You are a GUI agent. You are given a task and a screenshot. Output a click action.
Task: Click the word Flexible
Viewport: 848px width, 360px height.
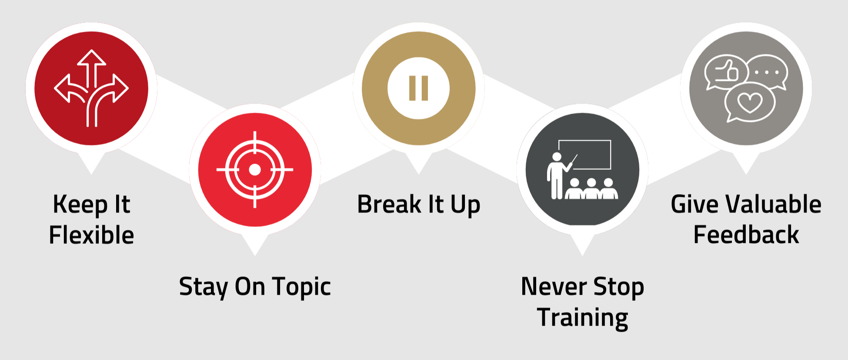[x=91, y=236]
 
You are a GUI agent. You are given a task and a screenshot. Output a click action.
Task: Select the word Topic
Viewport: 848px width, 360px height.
[x=301, y=287]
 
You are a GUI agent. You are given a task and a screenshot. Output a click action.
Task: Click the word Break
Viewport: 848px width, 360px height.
[x=389, y=205]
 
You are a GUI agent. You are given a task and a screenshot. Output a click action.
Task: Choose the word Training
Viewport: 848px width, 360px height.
[x=582, y=318]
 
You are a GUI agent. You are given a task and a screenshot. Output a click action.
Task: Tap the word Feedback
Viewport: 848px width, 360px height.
[x=746, y=236]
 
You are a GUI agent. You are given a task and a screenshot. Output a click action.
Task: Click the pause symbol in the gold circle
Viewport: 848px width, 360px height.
[x=419, y=88]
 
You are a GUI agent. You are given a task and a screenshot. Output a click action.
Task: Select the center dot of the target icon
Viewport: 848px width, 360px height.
[x=255, y=169]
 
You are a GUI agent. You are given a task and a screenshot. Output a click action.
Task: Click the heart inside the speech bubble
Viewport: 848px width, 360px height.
[x=750, y=103]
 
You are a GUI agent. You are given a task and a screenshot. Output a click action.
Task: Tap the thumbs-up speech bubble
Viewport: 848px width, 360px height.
[x=725, y=72]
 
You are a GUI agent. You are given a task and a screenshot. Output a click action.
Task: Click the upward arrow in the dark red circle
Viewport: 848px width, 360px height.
[x=92, y=65]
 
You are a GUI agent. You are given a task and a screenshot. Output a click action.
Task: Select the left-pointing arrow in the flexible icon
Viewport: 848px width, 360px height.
[x=65, y=88]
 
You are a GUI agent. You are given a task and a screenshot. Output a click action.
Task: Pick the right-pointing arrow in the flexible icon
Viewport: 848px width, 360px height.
[x=118, y=88]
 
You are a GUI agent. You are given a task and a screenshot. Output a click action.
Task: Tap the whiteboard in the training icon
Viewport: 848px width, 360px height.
[x=585, y=155]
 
